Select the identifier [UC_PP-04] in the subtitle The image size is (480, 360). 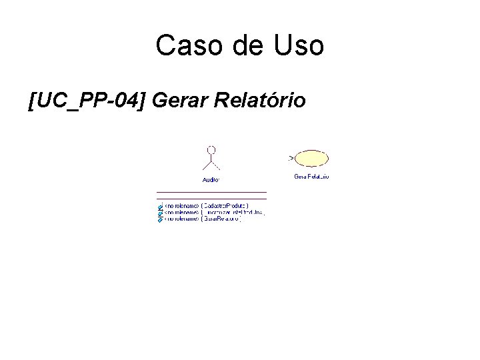click(87, 101)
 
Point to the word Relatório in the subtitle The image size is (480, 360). click(261, 101)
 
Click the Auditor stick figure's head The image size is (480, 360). click(211, 149)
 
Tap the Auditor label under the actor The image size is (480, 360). click(211, 179)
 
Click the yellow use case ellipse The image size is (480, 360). click(312, 159)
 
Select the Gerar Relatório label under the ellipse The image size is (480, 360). click(311, 177)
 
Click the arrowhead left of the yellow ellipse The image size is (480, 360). click(291, 158)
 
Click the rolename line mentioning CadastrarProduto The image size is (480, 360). click(206, 206)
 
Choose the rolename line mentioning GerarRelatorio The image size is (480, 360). click(203, 219)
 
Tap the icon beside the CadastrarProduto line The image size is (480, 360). click(160, 206)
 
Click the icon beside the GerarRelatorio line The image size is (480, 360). click(160, 219)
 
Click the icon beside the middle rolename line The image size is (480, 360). click(160, 213)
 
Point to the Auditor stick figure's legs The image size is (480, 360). click(211, 167)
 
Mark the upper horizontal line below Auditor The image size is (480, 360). click(211, 192)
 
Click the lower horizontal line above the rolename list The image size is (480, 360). click(211, 199)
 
